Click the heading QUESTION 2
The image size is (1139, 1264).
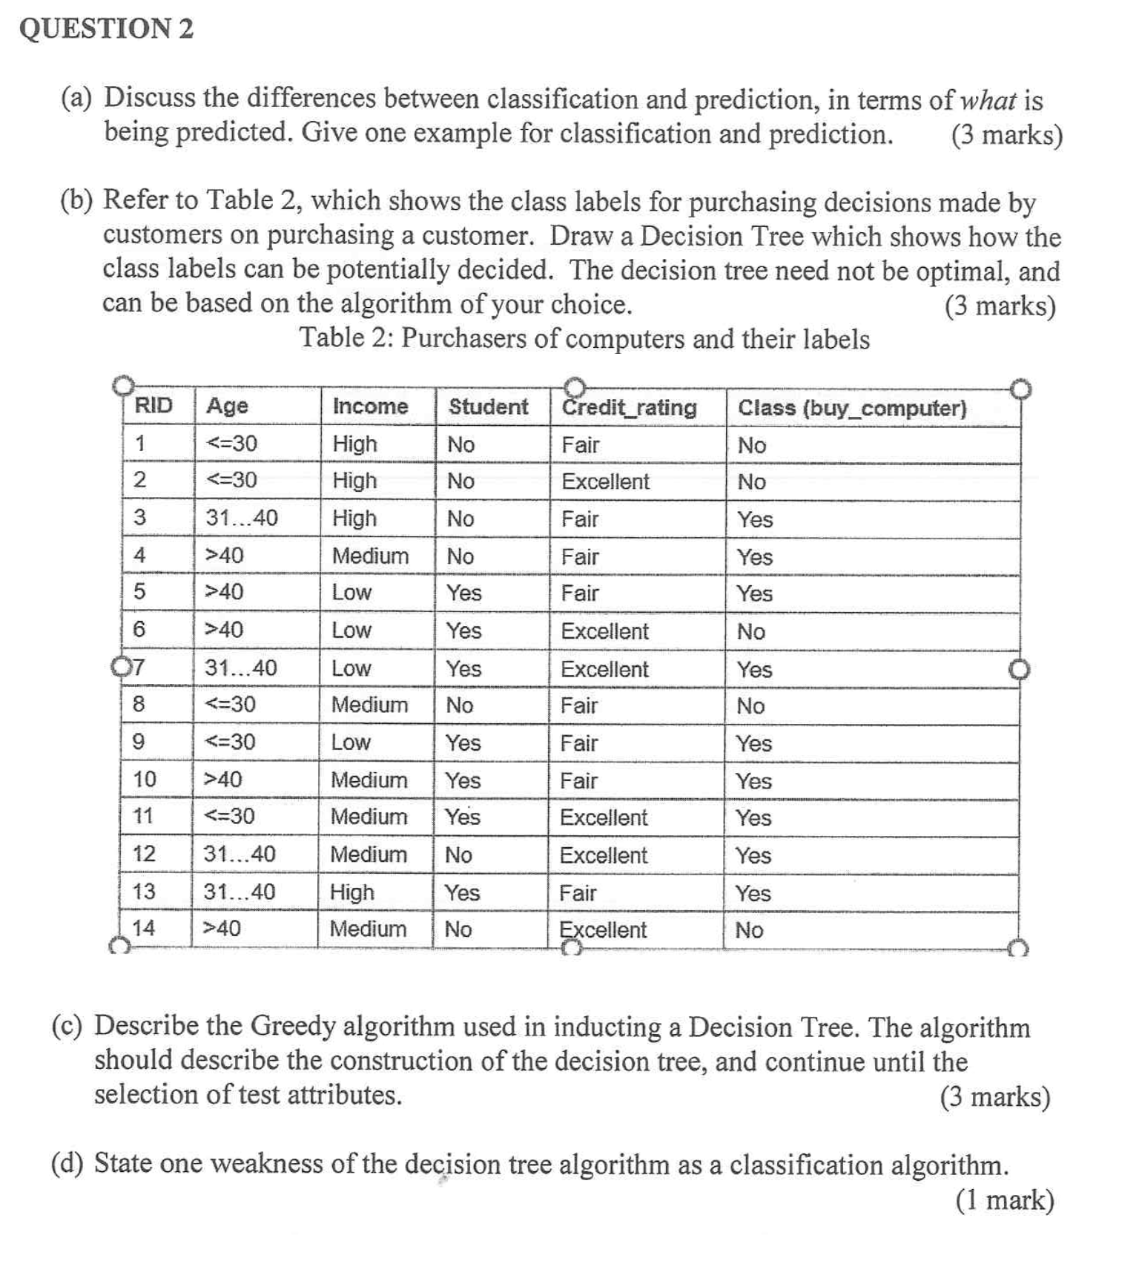click(x=106, y=29)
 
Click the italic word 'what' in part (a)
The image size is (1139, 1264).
click(x=988, y=100)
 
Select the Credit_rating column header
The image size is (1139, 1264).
click(x=629, y=407)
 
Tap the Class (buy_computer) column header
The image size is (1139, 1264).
click(x=852, y=408)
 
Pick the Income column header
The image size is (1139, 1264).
click(x=370, y=406)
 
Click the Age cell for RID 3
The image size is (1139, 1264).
click(x=242, y=518)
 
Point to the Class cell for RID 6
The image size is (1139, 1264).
click(x=751, y=631)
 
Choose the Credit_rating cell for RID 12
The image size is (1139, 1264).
click(x=604, y=855)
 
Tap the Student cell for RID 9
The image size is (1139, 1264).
click(x=463, y=743)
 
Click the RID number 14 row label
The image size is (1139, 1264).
click(x=143, y=928)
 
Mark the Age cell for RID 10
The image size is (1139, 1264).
click(x=222, y=780)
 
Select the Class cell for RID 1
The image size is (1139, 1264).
click(x=752, y=445)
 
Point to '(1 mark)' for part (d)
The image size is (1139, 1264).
click(x=1005, y=1199)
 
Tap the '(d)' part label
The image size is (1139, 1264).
click(x=67, y=1163)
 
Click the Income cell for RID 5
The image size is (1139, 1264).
click(x=351, y=592)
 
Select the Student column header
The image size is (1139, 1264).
click(x=488, y=406)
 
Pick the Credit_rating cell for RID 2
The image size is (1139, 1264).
click(x=605, y=481)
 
